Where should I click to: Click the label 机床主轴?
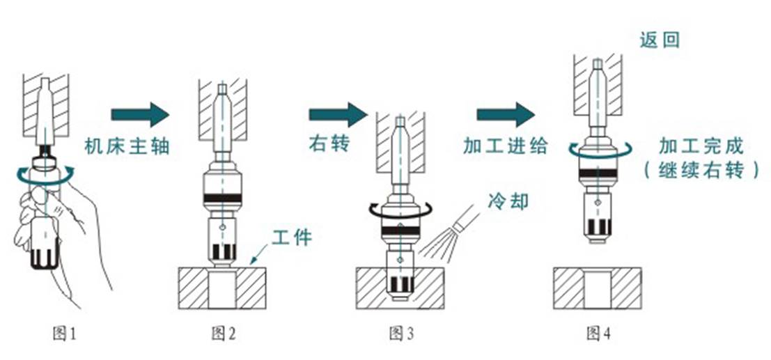click(x=127, y=147)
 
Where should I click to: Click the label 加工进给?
click(x=506, y=146)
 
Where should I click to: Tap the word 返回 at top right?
click(x=660, y=40)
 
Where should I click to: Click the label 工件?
click(x=293, y=237)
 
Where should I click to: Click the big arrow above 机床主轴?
click(x=140, y=114)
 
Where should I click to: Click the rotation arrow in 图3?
click(x=401, y=208)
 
